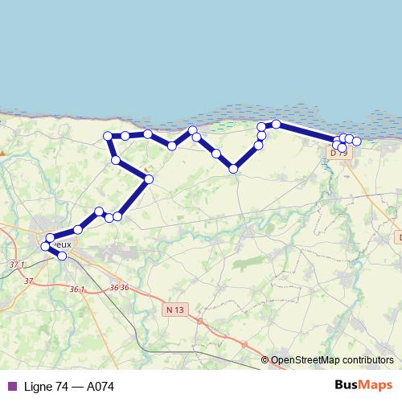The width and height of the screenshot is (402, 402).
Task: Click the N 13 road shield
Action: tap(174, 310)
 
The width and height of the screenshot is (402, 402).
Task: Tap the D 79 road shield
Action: tap(338, 152)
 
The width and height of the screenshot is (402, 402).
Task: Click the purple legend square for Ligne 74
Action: tap(11, 387)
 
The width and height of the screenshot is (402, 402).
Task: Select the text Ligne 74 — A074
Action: tap(69, 387)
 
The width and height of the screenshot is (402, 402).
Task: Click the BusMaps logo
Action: tap(363, 386)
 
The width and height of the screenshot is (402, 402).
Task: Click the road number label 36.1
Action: tap(77, 289)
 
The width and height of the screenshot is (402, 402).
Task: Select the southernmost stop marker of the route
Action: tap(63, 256)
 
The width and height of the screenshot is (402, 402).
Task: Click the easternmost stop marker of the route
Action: tap(357, 142)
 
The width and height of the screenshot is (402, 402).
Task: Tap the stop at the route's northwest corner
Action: tap(108, 136)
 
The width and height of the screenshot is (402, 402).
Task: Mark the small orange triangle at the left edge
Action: tap(2, 151)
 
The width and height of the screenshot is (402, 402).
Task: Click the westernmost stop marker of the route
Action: tap(46, 246)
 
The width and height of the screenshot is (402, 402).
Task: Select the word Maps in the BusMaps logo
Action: tap(377, 386)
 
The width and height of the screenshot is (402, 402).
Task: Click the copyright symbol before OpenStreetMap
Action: tap(265, 360)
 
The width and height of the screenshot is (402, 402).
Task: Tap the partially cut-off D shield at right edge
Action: tap(399, 238)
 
